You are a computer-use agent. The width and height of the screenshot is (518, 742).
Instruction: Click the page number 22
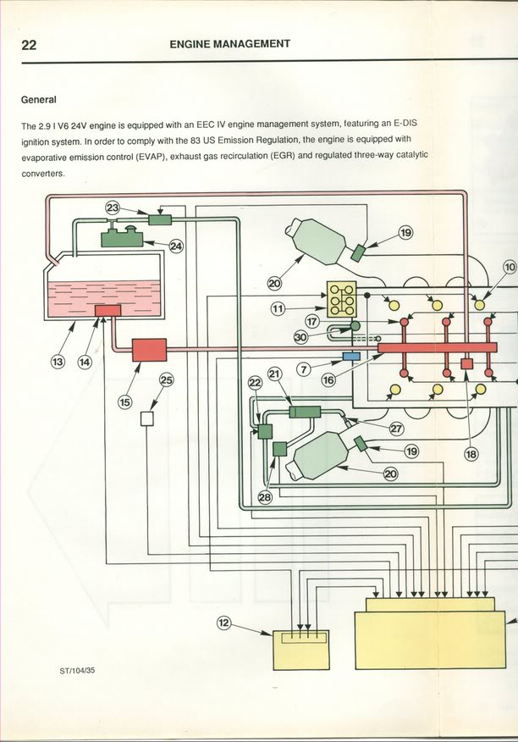(x=30, y=46)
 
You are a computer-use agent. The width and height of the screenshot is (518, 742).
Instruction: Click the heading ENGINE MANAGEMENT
(x=229, y=44)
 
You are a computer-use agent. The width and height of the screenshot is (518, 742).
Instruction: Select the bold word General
(x=38, y=99)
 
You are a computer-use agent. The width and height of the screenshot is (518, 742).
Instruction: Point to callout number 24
(x=176, y=246)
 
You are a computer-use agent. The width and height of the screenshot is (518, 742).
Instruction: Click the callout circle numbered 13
(x=58, y=363)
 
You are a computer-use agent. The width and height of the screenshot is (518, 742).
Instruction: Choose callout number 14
(x=85, y=363)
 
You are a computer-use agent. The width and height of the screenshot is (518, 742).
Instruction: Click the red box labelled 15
(x=149, y=350)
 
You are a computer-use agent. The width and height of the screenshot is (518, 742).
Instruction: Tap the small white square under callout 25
(x=146, y=418)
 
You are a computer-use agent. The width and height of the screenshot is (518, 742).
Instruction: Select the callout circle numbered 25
(x=166, y=380)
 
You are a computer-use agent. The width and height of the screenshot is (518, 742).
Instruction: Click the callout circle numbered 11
(x=279, y=310)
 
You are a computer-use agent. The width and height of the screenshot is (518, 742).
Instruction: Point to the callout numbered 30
(x=300, y=336)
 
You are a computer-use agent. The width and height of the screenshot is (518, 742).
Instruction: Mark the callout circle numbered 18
(x=471, y=454)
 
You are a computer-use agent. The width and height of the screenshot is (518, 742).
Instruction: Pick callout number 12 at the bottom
(x=224, y=623)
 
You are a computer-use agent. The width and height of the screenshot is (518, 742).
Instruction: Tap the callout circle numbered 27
(x=395, y=429)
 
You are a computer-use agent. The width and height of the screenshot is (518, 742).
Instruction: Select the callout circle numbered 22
(x=256, y=384)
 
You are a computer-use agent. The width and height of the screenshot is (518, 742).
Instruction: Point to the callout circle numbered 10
(x=510, y=267)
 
